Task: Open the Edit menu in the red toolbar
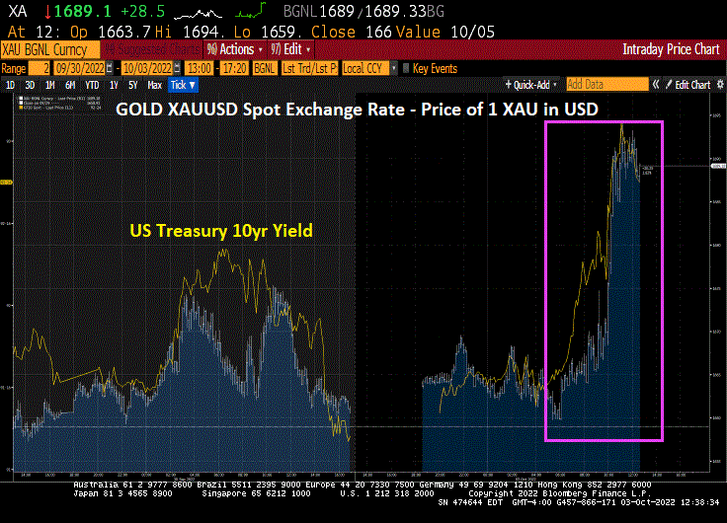point(292,49)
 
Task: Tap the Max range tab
point(154,86)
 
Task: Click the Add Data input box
point(606,85)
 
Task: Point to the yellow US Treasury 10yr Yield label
point(221,232)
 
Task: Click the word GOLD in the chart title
point(138,109)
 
